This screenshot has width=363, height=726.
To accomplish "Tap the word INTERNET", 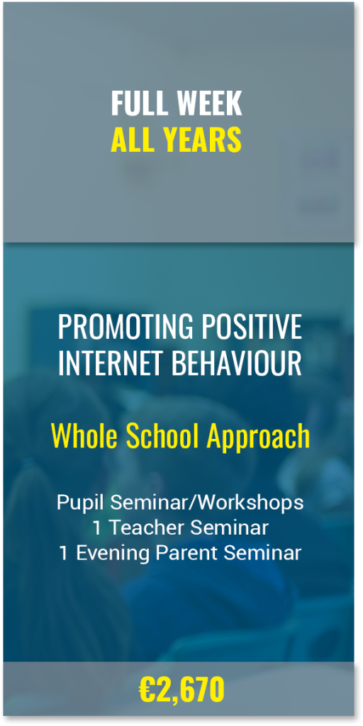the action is [x=111, y=363].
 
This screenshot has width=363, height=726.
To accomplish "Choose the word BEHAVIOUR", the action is [x=237, y=363].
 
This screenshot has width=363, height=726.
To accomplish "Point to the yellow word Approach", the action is [x=258, y=438].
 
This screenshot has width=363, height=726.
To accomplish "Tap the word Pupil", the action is [x=81, y=503].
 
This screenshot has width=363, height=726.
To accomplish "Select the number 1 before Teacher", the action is [x=97, y=527].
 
